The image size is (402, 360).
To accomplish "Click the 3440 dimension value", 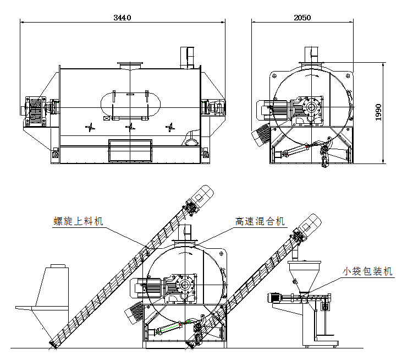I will tap(122, 17).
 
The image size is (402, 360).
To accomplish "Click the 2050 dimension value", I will tap(302, 17).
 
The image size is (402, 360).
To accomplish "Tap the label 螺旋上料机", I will tap(78, 221).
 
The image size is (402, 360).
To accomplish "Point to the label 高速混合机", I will tap(260, 221).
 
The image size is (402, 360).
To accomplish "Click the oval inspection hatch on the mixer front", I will tap(130, 104).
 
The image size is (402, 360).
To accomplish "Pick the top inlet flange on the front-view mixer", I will tap(130, 67).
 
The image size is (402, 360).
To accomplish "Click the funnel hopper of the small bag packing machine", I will tap(304, 275).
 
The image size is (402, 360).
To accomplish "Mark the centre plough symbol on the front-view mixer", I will tap(130, 128).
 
